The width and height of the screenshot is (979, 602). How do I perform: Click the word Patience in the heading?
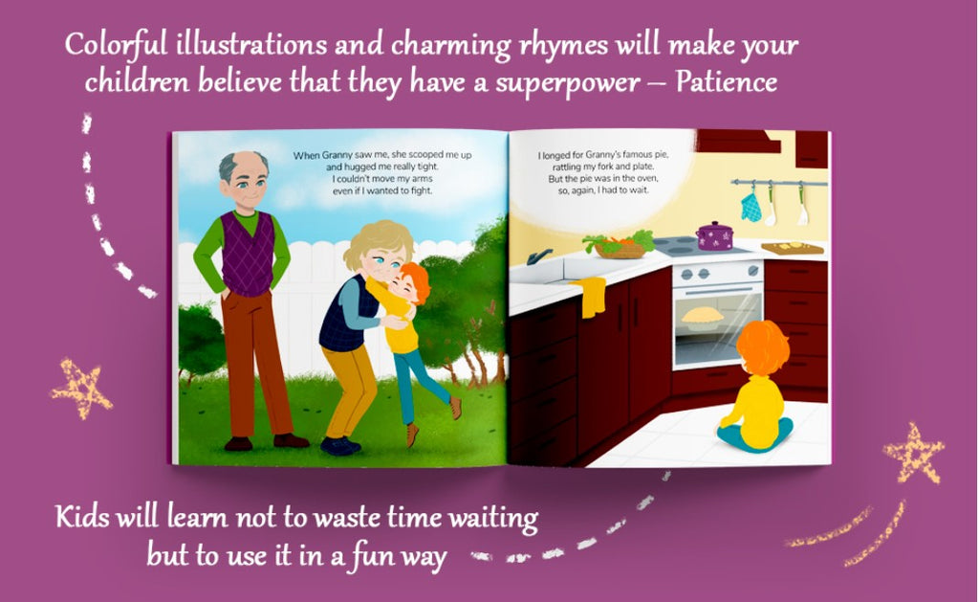point(727,82)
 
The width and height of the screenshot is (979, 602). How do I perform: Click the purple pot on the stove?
point(714,235)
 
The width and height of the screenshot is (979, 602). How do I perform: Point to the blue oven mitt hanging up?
point(751,208)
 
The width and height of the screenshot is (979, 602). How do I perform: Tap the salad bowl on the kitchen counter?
point(619,244)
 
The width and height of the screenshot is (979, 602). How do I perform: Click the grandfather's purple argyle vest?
point(249,254)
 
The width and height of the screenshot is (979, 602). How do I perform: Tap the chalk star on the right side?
point(913,455)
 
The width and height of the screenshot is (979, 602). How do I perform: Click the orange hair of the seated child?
point(763,347)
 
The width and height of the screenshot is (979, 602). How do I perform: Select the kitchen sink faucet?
point(538,256)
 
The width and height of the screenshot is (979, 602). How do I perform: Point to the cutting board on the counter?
point(793,248)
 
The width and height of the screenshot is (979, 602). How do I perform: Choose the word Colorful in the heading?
point(116,45)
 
